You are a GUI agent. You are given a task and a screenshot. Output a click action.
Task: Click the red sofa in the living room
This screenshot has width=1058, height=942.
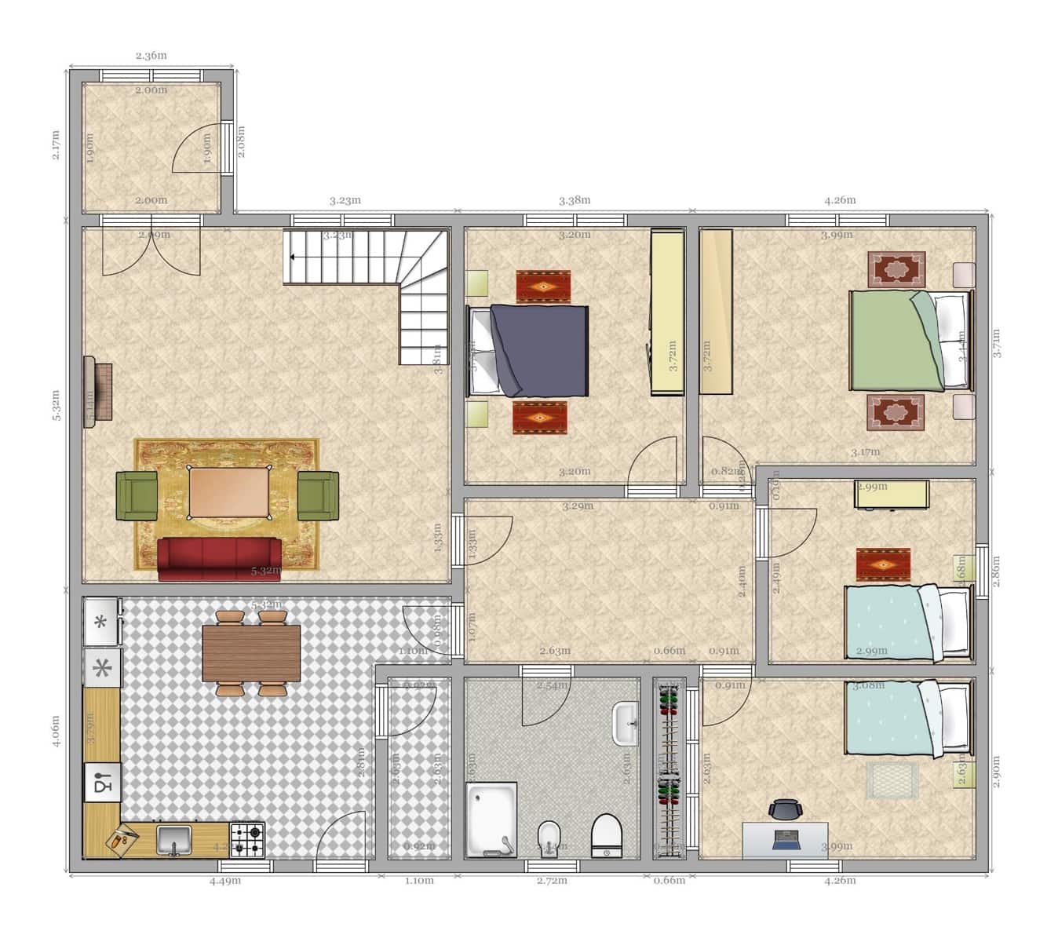coord(219,558)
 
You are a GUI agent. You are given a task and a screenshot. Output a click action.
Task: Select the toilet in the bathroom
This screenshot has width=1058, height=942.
coord(606,835)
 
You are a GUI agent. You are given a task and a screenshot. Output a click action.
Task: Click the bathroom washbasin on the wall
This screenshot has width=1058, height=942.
coord(626,722)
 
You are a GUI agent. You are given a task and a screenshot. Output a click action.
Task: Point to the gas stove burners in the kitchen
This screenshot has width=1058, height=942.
coord(247,839)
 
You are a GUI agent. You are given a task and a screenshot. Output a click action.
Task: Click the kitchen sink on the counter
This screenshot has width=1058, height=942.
coord(174,840)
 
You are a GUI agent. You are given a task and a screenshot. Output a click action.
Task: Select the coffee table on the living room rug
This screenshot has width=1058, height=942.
coord(228,492)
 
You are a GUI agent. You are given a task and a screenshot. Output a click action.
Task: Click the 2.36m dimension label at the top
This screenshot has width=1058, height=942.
coord(151,56)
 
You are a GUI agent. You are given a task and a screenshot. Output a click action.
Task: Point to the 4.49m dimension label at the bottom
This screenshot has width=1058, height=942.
coord(225,881)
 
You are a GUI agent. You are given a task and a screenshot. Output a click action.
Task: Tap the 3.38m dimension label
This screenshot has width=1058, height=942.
coord(575,200)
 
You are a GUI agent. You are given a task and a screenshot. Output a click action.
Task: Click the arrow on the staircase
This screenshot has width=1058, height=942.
coord(292,257)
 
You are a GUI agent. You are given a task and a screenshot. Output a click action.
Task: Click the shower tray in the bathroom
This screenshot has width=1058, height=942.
coord(491,819)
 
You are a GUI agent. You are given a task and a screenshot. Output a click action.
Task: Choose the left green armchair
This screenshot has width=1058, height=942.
coord(137,495)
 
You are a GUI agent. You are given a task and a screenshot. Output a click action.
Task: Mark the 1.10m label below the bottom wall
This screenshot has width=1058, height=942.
coord(419,881)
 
